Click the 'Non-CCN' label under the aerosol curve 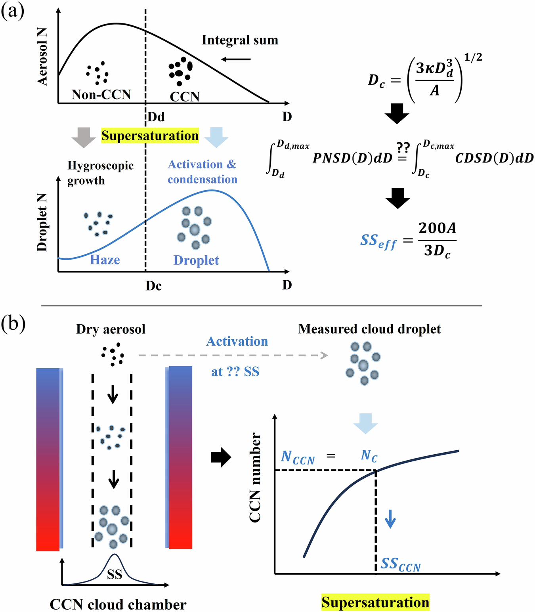[x=101, y=94]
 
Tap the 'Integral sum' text [x=240, y=40]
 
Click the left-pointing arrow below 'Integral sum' [x=236, y=59]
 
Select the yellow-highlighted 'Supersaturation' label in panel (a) [x=150, y=136]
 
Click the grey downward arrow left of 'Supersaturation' [x=83, y=137]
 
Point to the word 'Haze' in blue [x=105, y=260]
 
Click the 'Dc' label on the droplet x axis [x=153, y=286]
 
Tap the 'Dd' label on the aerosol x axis [x=156, y=117]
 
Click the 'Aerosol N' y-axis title [x=42, y=57]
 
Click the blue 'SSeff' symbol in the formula [x=378, y=241]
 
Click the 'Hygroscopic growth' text [x=100, y=173]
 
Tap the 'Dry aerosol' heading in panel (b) [x=111, y=329]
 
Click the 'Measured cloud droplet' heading [x=369, y=329]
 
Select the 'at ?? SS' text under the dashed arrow [x=235, y=372]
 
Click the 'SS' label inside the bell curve [x=115, y=574]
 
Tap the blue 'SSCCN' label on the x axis [x=400, y=564]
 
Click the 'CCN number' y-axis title [x=255, y=477]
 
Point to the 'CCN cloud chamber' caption [x=118, y=604]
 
